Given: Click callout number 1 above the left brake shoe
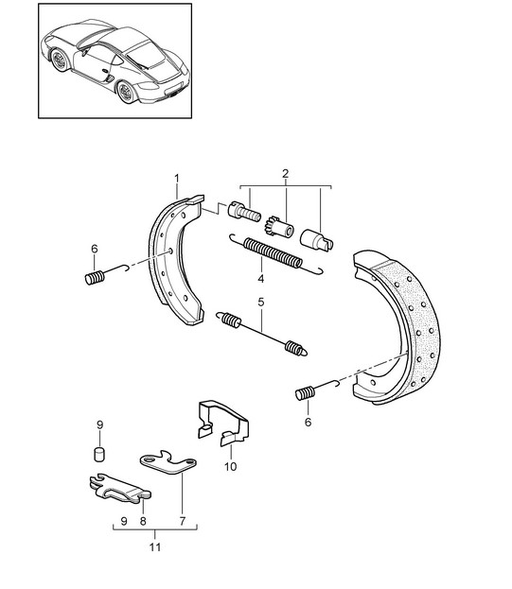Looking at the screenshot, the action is pos(177,178).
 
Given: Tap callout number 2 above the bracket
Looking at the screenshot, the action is pos(285,174).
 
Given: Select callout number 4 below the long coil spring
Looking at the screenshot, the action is pos(260,279).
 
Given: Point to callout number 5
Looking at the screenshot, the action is pos(261,302).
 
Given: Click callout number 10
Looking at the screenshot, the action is pos(230,466).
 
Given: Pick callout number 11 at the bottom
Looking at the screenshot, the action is pos(155,547).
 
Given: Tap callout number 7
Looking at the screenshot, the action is pos(183,521).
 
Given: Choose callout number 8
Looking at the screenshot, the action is pos(143,521).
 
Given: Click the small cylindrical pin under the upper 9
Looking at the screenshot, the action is pos(98,454).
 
